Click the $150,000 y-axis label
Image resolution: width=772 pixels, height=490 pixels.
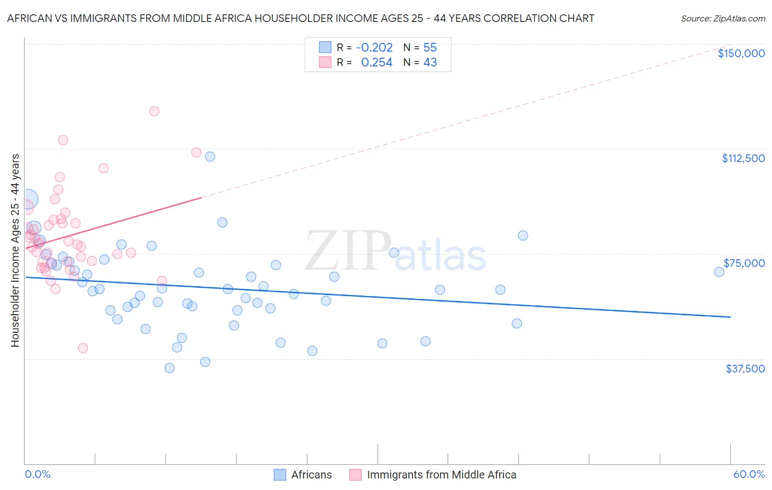(741, 53)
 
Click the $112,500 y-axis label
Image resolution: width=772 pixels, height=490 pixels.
(743, 158)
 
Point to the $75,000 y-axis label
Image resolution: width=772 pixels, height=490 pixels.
(744, 263)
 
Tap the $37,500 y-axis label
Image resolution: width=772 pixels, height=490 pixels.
(745, 369)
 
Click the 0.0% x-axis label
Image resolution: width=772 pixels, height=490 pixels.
(37, 475)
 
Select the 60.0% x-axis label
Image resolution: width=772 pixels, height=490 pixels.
(749, 475)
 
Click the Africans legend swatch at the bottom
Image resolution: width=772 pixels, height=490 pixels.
(280, 475)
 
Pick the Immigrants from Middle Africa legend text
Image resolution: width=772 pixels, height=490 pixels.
(441, 475)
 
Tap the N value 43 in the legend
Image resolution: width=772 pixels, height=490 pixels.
(430, 63)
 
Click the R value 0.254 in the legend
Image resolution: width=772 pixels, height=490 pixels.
(377, 63)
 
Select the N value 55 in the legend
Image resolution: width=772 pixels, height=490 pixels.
(430, 47)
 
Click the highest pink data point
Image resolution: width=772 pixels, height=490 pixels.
(154, 111)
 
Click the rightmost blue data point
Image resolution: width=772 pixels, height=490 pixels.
(719, 272)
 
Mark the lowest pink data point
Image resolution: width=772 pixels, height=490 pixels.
(83, 348)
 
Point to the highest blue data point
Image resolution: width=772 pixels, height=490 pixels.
(210, 157)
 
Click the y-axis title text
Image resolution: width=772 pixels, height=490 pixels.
(15, 250)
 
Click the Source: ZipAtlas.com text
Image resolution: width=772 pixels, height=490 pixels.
(723, 19)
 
